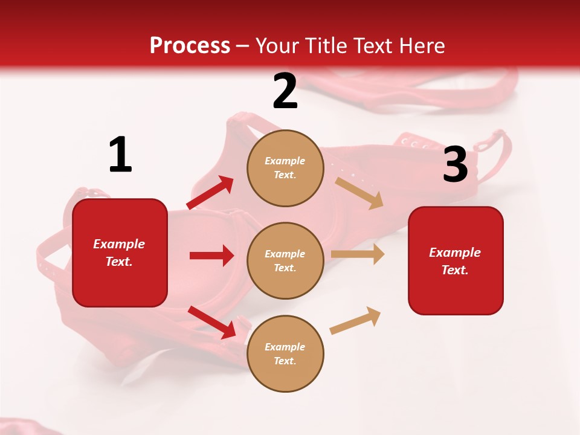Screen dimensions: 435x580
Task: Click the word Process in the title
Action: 190,46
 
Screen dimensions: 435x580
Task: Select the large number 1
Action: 120,156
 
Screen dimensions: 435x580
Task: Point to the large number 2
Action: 285,92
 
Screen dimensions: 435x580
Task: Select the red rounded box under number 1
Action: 120,253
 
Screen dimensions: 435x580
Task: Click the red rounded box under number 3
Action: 456,261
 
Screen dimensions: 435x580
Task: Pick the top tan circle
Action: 285,168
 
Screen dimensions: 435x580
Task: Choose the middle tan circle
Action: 285,260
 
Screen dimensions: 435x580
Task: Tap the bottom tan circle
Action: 285,353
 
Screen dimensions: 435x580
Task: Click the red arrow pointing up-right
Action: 210,193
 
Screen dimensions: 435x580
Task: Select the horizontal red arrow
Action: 211,256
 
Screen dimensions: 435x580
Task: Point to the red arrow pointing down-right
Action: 211,322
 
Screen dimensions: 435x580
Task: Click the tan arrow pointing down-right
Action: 359,193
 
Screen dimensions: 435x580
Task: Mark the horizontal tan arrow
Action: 358,254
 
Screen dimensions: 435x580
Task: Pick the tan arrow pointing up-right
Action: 355,321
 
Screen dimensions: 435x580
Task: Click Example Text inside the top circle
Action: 285,168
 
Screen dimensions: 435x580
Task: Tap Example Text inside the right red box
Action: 456,261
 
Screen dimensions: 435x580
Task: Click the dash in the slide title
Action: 243,47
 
